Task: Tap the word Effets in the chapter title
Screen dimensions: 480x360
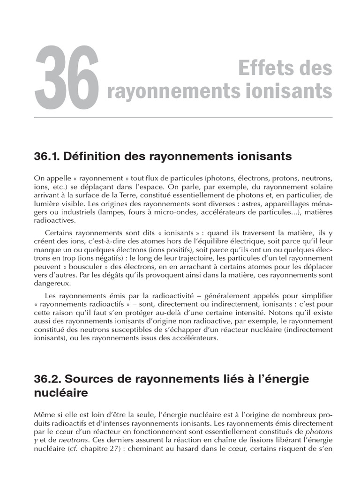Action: [262, 68]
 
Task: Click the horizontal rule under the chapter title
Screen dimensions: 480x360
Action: [183, 117]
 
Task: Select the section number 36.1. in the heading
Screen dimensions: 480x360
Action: [49, 157]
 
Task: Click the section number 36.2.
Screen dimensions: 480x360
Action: [49, 379]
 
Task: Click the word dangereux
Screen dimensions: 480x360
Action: [52, 284]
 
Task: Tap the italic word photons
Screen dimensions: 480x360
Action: [319, 431]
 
